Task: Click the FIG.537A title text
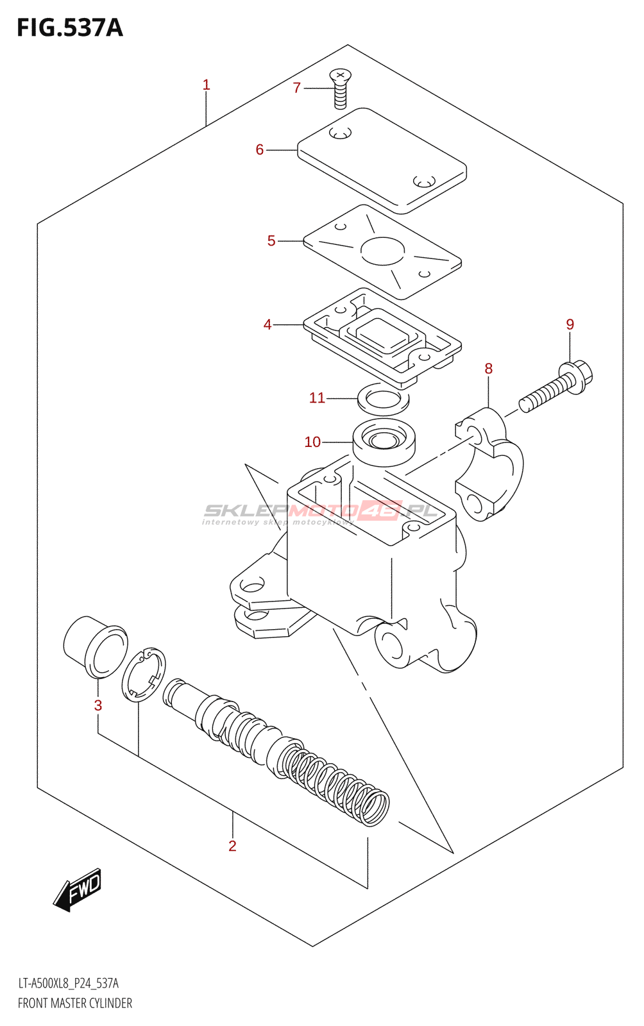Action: [69, 28]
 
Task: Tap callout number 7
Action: [296, 88]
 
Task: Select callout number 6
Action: [259, 150]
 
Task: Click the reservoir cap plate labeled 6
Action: [382, 160]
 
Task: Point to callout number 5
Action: [271, 241]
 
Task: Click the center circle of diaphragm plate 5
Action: [383, 251]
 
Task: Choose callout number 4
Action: [267, 325]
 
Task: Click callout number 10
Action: [312, 442]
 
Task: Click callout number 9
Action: [570, 324]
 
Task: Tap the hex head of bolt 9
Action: [576, 376]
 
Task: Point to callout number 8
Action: [489, 369]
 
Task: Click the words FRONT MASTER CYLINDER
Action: [75, 1004]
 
